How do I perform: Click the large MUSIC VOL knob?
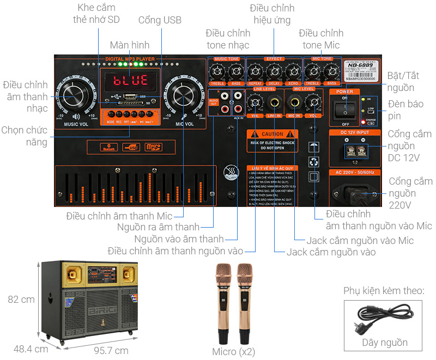tap(76, 96)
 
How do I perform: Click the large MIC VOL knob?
tap(184, 96)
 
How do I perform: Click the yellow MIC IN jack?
tap(295, 101)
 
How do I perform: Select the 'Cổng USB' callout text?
tap(160, 20)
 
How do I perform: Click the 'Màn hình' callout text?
tap(129, 45)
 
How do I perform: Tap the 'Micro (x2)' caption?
tap(233, 351)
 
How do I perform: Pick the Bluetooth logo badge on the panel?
tap(106, 147)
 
